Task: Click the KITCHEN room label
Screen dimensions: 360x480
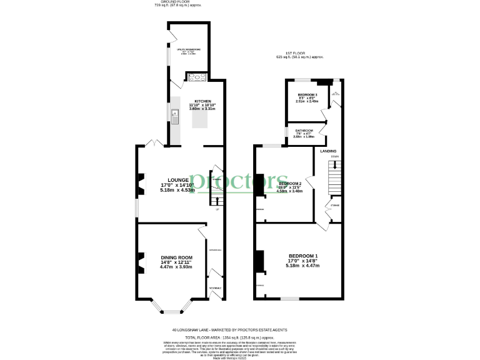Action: (x=202, y=101)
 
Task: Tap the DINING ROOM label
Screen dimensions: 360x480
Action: (x=176, y=257)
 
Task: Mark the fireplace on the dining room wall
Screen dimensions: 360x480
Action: (x=141, y=262)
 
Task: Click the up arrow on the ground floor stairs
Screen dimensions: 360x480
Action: (x=216, y=201)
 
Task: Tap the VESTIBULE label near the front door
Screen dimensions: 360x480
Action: (x=214, y=288)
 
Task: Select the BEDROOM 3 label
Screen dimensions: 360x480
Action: (x=307, y=94)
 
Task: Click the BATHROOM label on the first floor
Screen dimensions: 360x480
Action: (x=304, y=131)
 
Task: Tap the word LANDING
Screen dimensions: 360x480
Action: (x=329, y=151)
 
